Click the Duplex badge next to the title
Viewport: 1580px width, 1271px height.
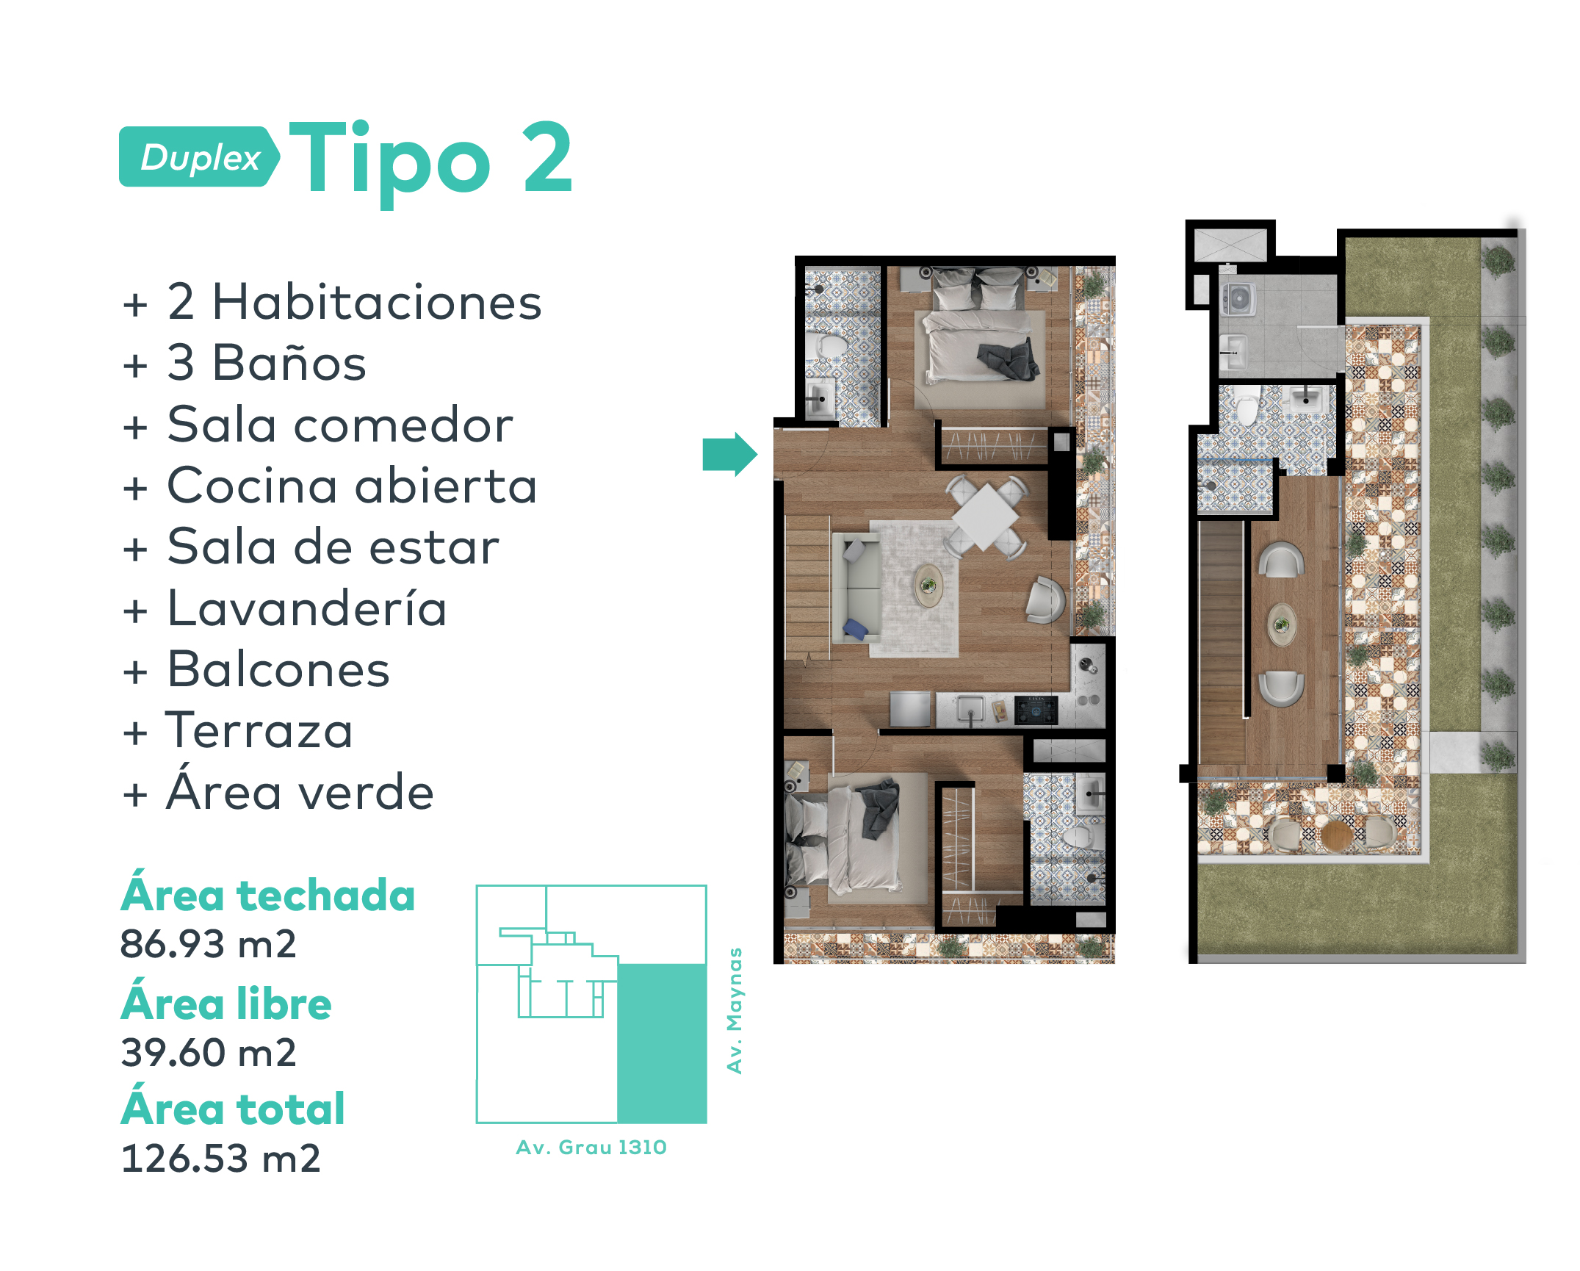[199, 156]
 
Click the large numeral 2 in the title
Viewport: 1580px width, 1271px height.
[547, 157]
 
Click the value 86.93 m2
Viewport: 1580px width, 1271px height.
[209, 944]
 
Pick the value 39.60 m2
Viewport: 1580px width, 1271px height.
[209, 1052]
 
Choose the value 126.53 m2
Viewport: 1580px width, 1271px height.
[221, 1159]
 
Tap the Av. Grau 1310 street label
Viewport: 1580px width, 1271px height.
[591, 1148]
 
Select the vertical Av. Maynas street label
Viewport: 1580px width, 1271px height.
[735, 1011]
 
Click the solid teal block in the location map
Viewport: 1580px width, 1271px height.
[662, 1043]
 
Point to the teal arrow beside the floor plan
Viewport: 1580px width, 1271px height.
[729, 455]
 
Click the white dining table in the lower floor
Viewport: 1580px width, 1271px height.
[986, 516]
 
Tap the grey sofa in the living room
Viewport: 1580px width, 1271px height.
[856, 588]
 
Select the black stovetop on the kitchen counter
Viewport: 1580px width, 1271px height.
[1036, 710]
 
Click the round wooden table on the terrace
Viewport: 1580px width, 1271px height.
[1336, 835]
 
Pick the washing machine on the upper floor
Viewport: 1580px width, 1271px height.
[1238, 299]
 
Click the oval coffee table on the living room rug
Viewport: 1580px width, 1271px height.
[929, 586]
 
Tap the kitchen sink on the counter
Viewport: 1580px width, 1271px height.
[970, 710]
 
